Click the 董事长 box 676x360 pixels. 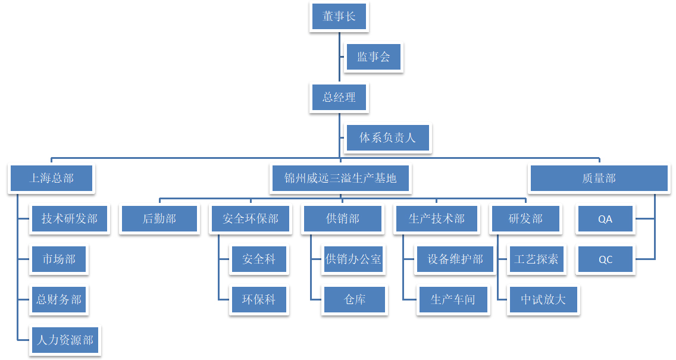coord(339,17)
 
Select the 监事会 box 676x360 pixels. coord(374,57)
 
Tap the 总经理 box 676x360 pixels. coord(339,97)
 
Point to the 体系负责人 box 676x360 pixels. coord(387,138)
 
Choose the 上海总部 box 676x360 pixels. coord(52,178)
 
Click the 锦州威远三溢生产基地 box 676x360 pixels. coord(340,178)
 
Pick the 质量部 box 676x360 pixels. coord(599,178)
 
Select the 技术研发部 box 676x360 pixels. coord(70,218)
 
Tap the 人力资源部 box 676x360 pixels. coord(65,340)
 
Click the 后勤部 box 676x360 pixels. coord(159,218)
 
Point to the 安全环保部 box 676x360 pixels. coord(251,218)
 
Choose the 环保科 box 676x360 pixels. coord(259,299)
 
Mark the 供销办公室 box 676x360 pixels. coord(353,259)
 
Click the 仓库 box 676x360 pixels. coord(355,299)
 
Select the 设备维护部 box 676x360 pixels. coord(455,259)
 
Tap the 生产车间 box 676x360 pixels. coord(453,299)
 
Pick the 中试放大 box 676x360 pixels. coord(543,299)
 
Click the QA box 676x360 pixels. coord(605,218)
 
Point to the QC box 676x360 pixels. coord(605,259)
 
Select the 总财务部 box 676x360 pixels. coord(59,299)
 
